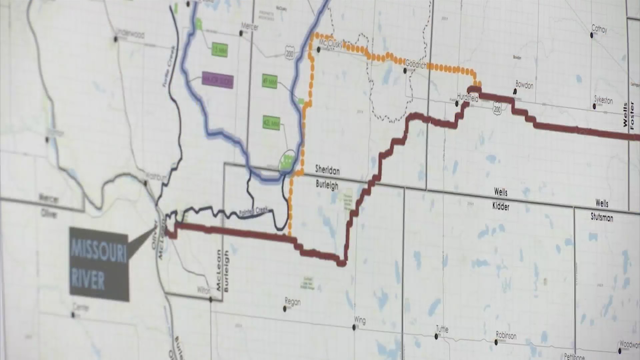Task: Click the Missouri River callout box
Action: pyautogui.click(x=99, y=264)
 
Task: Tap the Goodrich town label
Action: pyautogui.click(x=416, y=64)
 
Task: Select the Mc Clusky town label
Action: pyautogui.click(x=330, y=43)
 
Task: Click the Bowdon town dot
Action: pyautogui.click(x=515, y=91)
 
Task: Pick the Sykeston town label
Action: pyautogui.click(x=603, y=100)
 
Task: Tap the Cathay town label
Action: pyautogui.click(x=599, y=29)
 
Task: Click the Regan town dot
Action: pyautogui.click(x=285, y=309)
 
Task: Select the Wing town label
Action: pyautogui.click(x=360, y=320)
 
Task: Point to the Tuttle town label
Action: pyautogui.click(x=442, y=329)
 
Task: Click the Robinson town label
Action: pyautogui.click(x=506, y=335)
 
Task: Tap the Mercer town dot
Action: pyautogui.click(x=241, y=33)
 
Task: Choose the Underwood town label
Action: pyautogui.click(x=130, y=34)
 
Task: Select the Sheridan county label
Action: pyautogui.click(x=327, y=171)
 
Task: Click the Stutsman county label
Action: pyautogui.click(x=602, y=218)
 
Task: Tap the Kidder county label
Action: pyautogui.click(x=501, y=207)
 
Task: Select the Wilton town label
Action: pyautogui.click(x=204, y=290)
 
